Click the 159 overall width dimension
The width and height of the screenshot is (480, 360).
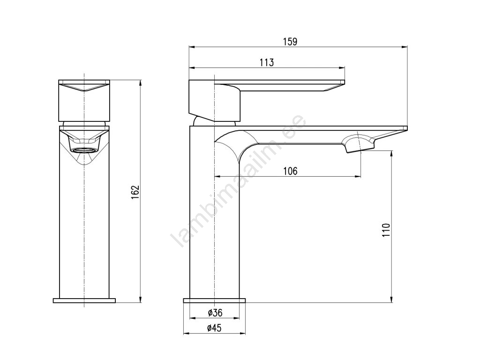[290, 42]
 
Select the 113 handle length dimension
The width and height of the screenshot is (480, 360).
[266, 63]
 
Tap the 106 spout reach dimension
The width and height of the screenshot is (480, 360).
[290, 171]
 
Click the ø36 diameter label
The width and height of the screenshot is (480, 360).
[215, 313]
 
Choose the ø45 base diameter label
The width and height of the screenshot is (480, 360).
[214, 329]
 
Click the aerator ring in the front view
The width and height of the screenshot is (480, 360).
[84, 150]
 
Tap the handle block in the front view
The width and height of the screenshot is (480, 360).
[84, 100]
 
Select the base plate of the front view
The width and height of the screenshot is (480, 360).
[84, 300]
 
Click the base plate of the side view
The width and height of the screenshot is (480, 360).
[214, 300]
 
